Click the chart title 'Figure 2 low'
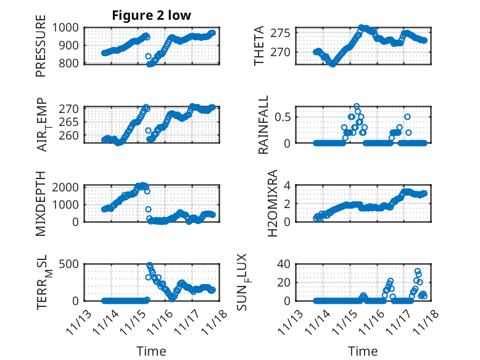pos(151,15)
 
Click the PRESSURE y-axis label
pos(41,50)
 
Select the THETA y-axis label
pos(259,46)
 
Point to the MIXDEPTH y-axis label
pos(41,203)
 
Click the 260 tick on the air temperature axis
pos(70,135)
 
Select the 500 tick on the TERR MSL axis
pos(70,264)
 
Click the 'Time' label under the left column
pos(151,351)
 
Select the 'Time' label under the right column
pos(363,351)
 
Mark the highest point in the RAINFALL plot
pos(357,106)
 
